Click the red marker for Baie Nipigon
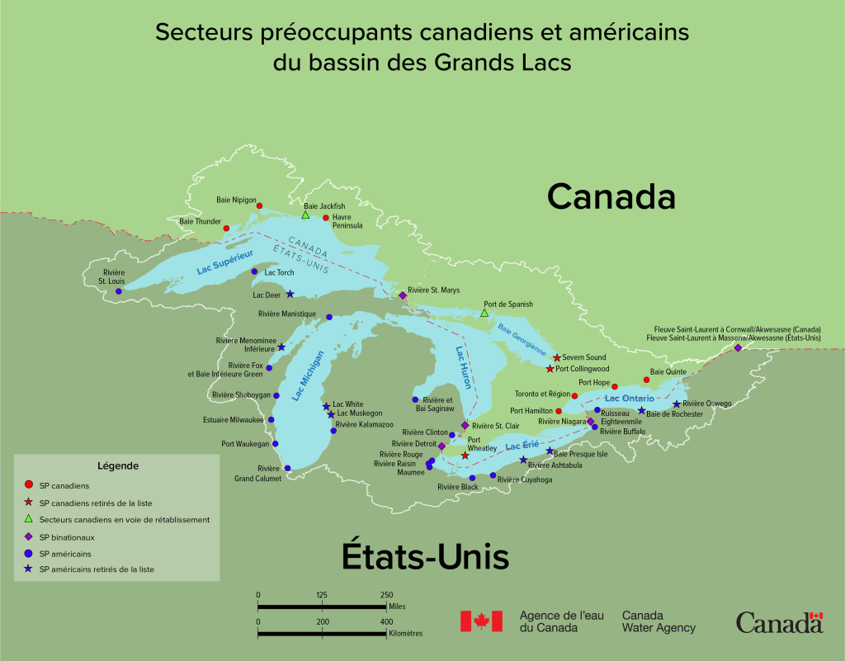[259, 205]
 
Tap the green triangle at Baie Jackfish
[305, 215]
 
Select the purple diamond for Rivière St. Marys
[403, 295]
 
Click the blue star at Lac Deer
[290, 294]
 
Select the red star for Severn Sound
[557, 357]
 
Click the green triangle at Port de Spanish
[484, 313]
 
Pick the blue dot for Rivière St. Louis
[119, 291]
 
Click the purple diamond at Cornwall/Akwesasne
[738, 347]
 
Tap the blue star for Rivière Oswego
[677, 404]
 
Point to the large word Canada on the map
[611, 197]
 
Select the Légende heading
[117, 465]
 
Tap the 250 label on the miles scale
[386, 595]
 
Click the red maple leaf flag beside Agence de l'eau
[481, 621]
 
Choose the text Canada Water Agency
[659, 621]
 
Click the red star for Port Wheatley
[465, 456]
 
